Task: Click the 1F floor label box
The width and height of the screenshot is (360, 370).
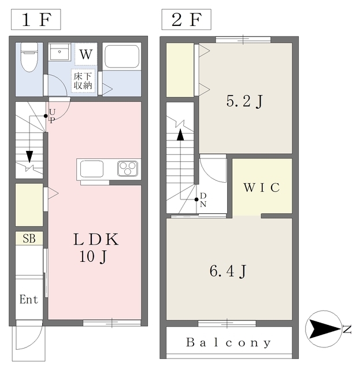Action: (35, 20)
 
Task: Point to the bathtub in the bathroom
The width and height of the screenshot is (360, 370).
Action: (121, 57)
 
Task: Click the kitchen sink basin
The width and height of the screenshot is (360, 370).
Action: (92, 169)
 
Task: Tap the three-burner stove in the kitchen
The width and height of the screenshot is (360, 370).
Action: (128, 168)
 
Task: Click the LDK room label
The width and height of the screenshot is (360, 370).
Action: (96, 239)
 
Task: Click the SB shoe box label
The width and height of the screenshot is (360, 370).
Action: (28, 238)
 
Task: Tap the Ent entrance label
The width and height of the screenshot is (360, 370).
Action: (28, 299)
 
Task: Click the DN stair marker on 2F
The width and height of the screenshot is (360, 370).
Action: (203, 200)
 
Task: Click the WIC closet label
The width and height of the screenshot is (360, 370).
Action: (261, 188)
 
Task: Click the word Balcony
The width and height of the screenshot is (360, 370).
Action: (228, 343)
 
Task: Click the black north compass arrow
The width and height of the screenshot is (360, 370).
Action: (325, 330)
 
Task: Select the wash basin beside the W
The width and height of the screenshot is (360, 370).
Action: (60, 54)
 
